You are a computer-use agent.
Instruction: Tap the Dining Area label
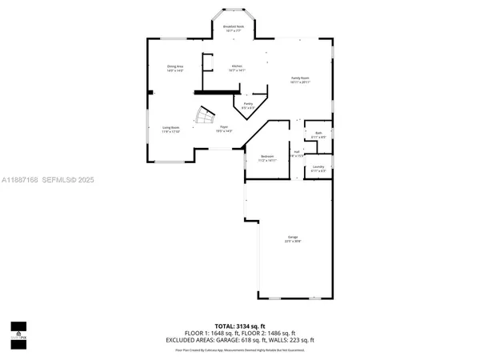(x=175, y=68)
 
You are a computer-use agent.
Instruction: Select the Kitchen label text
(x=238, y=68)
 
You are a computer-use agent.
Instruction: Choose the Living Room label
(x=171, y=129)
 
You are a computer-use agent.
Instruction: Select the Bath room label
(x=318, y=135)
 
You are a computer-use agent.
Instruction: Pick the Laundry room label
(x=318, y=169)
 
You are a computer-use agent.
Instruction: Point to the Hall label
(x=296, y=153)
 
